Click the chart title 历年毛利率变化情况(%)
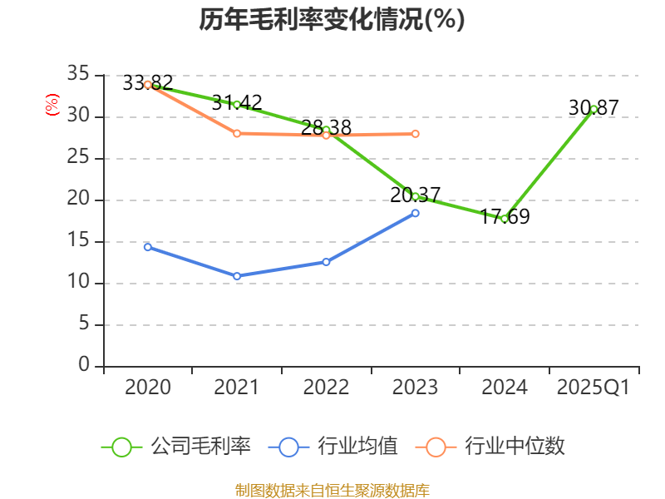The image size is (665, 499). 332,20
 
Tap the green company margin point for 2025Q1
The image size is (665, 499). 594,109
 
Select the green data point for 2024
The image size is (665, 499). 505,219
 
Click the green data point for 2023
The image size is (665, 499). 416,196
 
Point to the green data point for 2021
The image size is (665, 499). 237,105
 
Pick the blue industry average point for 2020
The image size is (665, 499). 148,247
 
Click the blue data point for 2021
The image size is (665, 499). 237,276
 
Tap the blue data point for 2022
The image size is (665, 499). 326,262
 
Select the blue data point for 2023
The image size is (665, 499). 416,213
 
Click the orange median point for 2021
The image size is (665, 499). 237,133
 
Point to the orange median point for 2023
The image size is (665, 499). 416,134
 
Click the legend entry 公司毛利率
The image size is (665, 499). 176,447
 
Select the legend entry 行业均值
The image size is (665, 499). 332,447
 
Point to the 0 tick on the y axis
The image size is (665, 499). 83,366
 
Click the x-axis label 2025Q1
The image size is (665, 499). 594,388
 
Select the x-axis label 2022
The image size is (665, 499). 326,388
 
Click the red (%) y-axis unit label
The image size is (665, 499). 52,105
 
